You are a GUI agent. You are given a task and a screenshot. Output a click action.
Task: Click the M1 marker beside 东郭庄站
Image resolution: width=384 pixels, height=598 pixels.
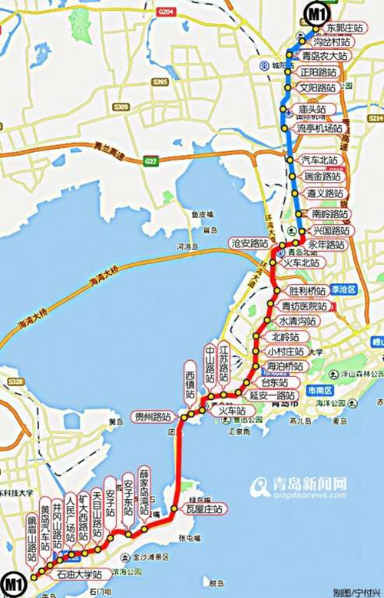pyautogui.click(x=316, y=13)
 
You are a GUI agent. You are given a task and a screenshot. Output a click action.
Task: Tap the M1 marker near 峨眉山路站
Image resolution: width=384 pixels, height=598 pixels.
pyautogui.click(x=12, y=582)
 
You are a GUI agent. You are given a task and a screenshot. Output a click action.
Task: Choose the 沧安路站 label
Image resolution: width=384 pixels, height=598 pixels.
pyautogui.click(x=247, y=243)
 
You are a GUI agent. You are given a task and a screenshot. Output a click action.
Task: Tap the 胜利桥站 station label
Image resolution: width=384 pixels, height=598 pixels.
pyautogui.click(x=306, y=292)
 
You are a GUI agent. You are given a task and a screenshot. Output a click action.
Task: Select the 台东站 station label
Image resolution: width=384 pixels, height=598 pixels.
pyautogui.click(x=274, y=382)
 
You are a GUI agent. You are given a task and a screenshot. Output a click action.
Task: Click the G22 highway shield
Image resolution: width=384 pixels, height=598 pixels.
pyautogui.click(x=151, y=160)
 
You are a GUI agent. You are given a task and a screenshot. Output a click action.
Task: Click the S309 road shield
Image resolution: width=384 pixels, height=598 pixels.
pyautogui.click(x=119, y=107)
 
